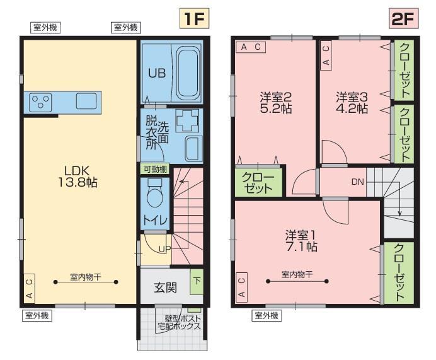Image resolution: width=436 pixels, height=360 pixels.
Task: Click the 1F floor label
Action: [194, 18]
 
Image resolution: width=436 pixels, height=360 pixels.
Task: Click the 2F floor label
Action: [403, 18]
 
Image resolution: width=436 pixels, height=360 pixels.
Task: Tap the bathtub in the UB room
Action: [188, 73]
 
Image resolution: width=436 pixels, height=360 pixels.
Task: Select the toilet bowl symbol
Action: [155, 194]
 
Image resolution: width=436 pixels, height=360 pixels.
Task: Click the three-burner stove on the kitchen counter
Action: [40, 102]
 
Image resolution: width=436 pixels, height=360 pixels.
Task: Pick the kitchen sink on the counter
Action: [86, 101]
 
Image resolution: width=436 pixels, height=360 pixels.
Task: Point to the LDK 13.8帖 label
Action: [77, 177]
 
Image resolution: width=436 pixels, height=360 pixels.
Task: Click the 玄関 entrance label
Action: [166, 287]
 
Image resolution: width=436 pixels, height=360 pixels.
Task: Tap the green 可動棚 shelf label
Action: [155, 169]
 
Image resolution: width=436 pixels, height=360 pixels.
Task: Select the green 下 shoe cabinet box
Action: [197, 282]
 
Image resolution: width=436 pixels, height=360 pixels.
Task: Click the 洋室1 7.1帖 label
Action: [301, 241]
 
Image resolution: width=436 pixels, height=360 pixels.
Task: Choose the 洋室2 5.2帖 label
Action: [276, 102]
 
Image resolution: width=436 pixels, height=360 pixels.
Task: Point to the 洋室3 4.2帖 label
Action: [352, 102]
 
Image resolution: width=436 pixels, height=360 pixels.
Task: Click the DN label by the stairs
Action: [358, 182]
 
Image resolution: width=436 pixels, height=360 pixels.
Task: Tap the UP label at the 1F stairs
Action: [164, 249]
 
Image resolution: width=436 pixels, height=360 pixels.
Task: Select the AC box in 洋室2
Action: [251, 47]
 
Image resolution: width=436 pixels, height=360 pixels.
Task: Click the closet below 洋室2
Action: [258, 182]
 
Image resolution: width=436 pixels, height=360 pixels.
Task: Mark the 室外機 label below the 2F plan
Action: [267, 315]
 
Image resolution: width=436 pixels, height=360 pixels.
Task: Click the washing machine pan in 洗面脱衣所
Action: [188, 120]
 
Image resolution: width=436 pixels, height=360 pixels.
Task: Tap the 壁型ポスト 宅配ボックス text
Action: [179, 322]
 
